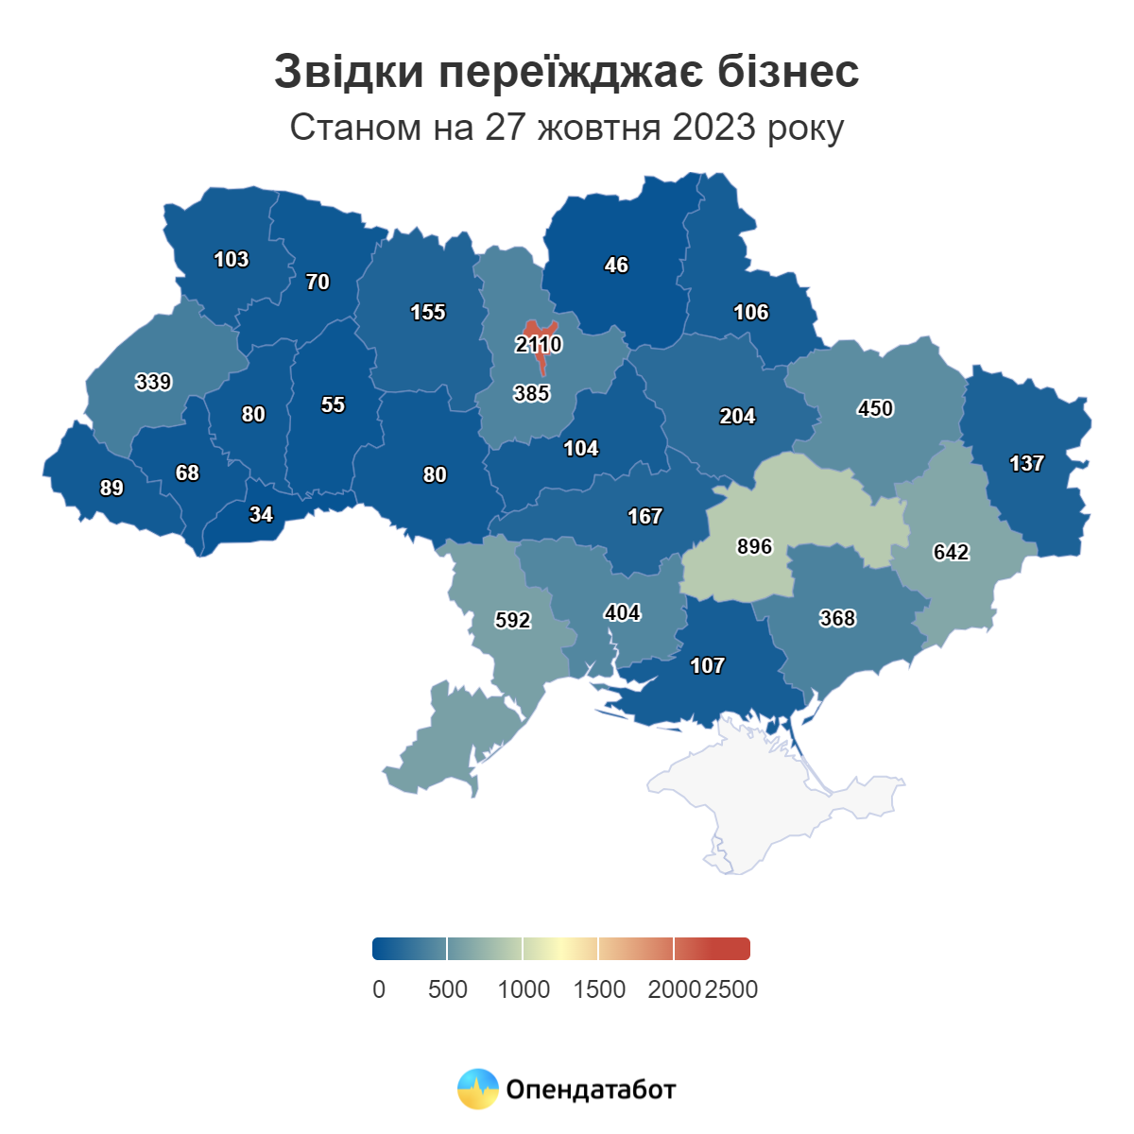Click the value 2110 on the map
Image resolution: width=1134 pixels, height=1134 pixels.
pyautogui.click(x=539, y=345)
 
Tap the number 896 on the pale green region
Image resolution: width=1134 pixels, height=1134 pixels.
pyautogui.click(x=754, y=547)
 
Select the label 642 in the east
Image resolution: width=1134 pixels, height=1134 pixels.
pyautogui.click(x=951, y=553)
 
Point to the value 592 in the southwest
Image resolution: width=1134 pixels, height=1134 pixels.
pyautogui.click(x=512, y=621)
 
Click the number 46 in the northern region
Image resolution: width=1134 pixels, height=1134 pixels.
pyautogui.click(x=616, y=266)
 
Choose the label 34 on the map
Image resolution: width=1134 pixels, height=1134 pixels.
pyautogui.click(x=261, y=515)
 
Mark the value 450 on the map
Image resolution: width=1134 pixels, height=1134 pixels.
pyautogui.click(x=875, y=409)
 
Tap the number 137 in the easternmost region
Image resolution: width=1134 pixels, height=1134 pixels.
pyautogui.click(x=1026, y=464)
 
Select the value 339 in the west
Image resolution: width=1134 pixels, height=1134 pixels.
pyautogui.click(x=153, y=383)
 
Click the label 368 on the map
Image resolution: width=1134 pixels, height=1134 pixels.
pyautogui.click(x=837, y=619)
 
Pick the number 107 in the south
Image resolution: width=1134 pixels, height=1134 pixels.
pyautogui.click(x=707, y=666)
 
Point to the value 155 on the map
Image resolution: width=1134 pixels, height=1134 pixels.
pyautogui.click(x=427, y=313)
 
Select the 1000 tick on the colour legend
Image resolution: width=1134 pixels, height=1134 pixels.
pyautogui.click(x=524, y=989)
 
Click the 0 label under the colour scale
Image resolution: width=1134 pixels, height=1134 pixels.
pyautogui.click(x=379, y=989)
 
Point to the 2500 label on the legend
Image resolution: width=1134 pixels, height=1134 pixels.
pyautogui.click(x=731, y=989)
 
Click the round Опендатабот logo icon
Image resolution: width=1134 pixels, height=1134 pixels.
pyautogui.click(x=477, y=1090)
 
